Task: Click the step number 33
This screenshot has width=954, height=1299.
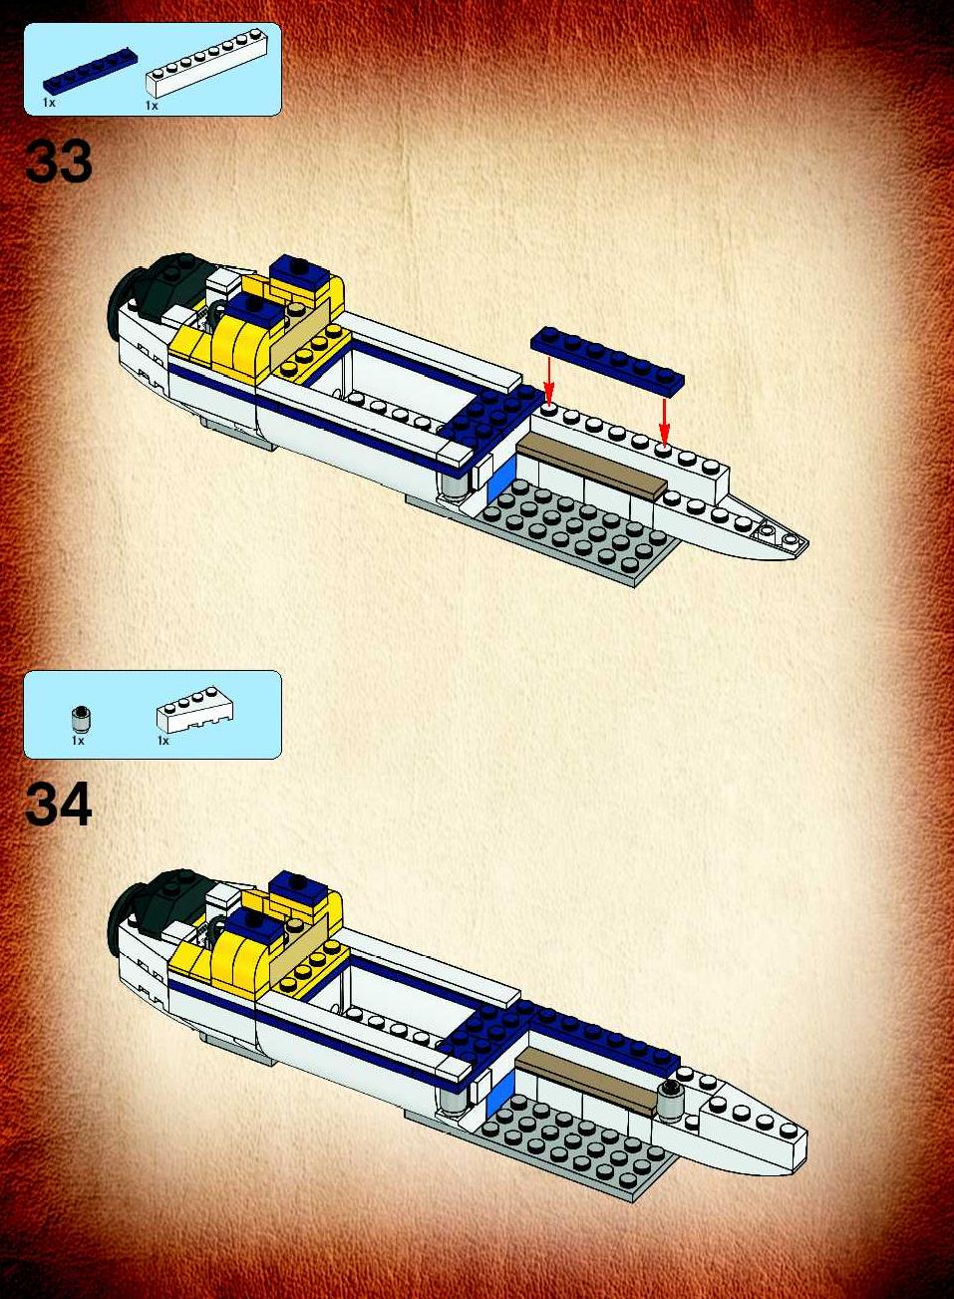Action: tap(59, 162)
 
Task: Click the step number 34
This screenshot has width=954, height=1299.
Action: tap(59, 805)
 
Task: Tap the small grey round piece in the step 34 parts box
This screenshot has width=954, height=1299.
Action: tap(78, 719)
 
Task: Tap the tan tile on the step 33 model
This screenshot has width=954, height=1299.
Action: tap(591, 466)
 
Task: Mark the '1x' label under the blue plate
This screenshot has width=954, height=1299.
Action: tap(49, 103)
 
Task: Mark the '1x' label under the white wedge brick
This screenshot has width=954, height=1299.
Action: tap(162, 741)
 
